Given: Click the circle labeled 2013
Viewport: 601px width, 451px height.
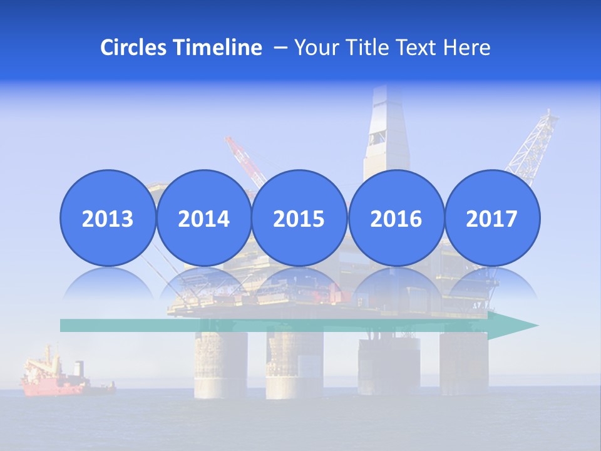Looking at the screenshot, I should [108, 218].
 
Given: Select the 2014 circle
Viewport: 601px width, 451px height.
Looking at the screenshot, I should [203, 218].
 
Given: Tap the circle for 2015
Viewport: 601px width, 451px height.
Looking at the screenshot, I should [299, 218].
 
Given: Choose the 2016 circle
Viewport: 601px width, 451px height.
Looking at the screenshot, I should [396, 218].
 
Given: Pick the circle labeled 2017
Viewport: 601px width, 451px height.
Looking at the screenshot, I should [491, 218].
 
